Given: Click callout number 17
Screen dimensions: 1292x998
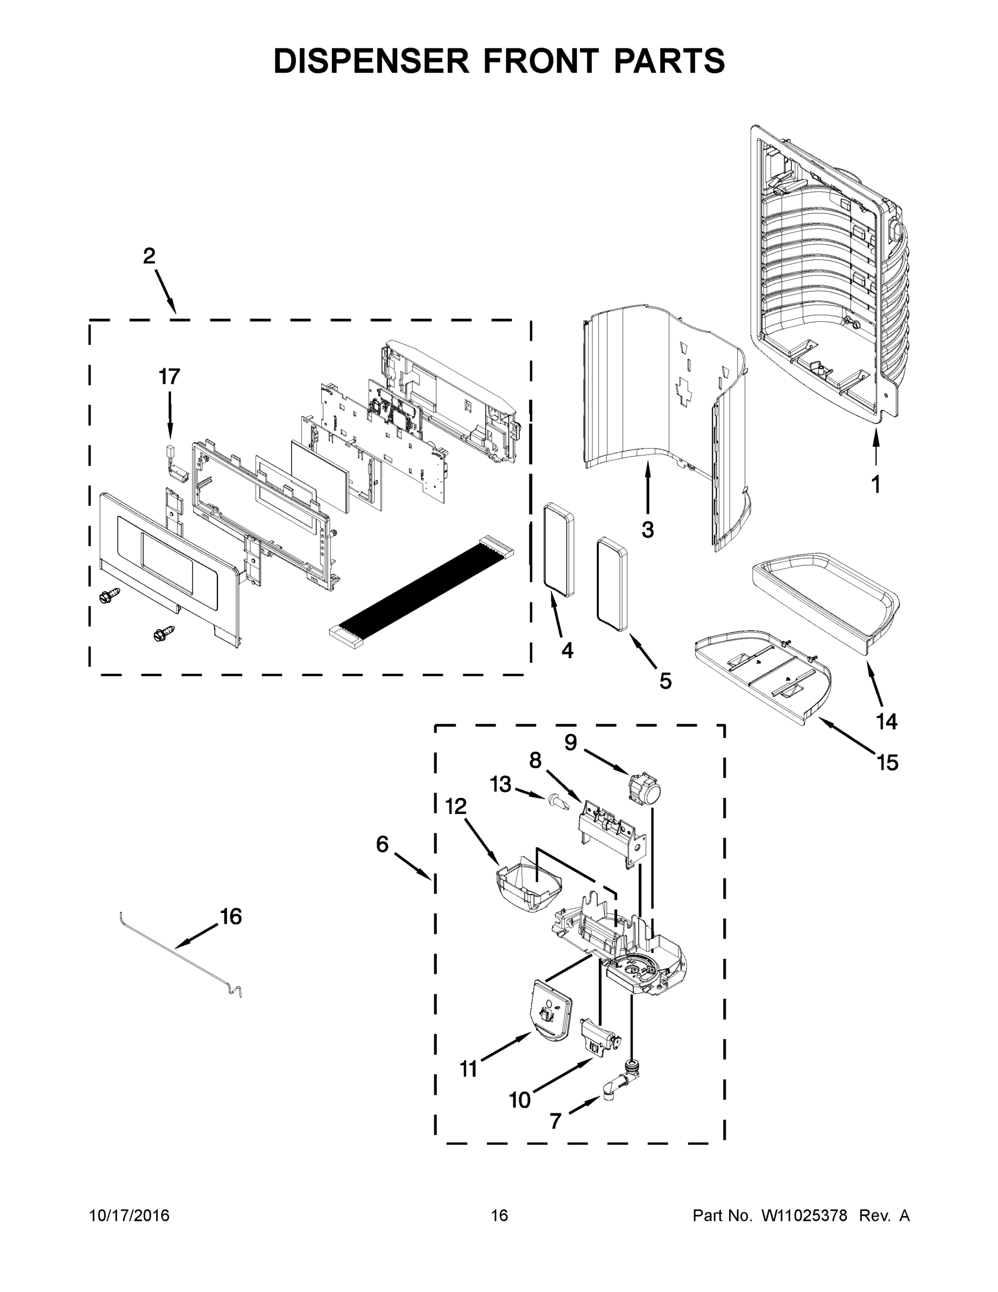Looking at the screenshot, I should click(x=169, y=377).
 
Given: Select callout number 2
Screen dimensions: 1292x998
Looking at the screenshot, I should click(x=150, y=256).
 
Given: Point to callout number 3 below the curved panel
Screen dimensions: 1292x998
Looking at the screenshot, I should click(x=648, y=530).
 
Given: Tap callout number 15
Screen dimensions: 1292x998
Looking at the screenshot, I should click(x=887, y=762).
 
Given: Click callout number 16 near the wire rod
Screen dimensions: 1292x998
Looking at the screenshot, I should click(x=231, y=916).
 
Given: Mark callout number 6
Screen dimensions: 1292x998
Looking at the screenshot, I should click(x=383, y=844).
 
